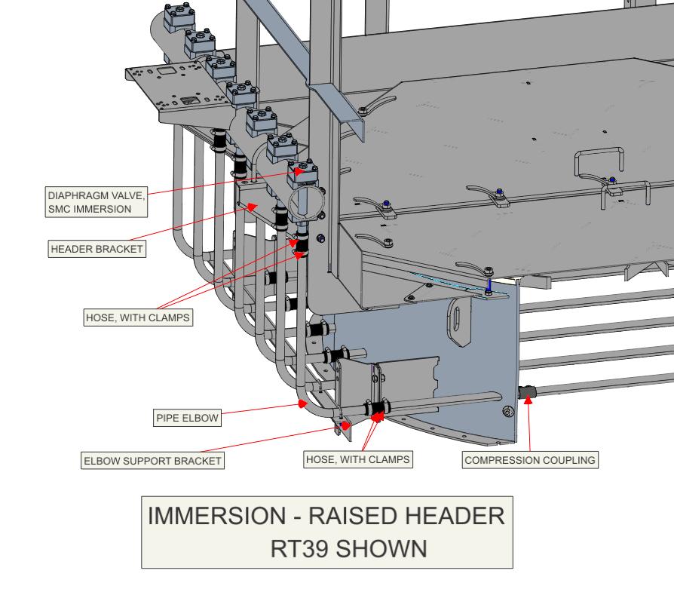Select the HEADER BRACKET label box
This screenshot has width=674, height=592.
tap(96, 248)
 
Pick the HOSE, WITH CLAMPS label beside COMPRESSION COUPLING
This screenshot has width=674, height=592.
tap(359, 459)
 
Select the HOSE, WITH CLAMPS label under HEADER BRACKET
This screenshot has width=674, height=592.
tap(136, 317)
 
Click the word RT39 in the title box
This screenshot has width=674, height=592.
tap(299, 548)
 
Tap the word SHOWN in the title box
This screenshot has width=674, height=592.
tap(381, 548)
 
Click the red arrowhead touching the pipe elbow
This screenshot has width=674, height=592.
tap(302, 404)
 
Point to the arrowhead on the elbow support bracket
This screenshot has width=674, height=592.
tap(346, 425)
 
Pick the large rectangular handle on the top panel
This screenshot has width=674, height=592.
tap(597, 167)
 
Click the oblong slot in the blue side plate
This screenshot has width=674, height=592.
tap(459, 323)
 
